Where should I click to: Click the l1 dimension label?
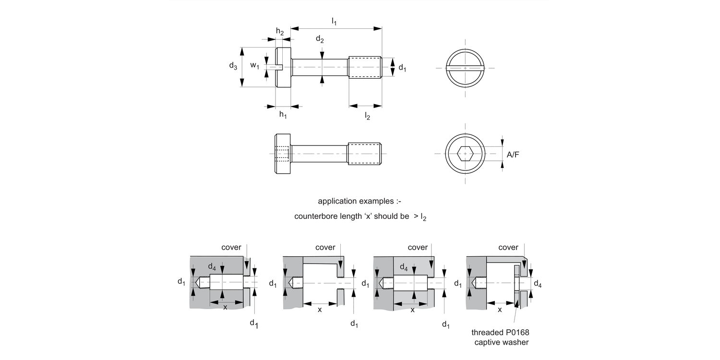point(334,21)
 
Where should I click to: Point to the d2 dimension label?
point(320,40)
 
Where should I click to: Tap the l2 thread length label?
point(367,116)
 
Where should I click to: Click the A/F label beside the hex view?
point(513,155)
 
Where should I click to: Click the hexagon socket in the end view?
point(465,154)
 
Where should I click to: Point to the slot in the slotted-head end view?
point(465,69)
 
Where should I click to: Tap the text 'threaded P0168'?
point(496,333)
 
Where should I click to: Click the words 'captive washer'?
point(501,342)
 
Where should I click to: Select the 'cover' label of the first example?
point(231,247)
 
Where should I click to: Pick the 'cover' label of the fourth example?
point(508,247)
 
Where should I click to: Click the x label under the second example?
point(320,310)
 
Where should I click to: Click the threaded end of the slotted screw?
point(365,67)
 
